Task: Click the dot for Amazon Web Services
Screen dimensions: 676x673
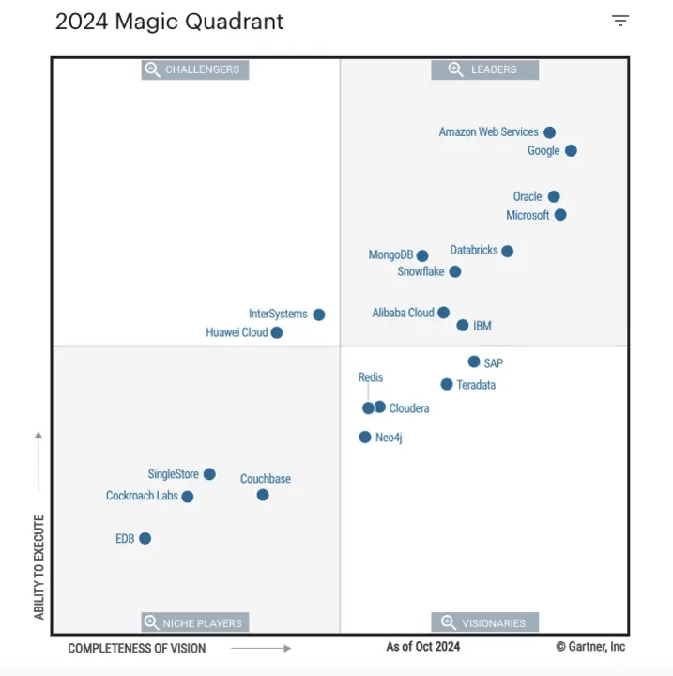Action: click(549, 132)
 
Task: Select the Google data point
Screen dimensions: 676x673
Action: click(571, 150)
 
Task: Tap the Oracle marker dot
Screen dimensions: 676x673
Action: click(554, 197)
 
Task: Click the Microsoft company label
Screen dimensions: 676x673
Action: click(528, 215)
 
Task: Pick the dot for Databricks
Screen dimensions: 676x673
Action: click(507, 251)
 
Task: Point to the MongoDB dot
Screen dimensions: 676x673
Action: click(422, 255)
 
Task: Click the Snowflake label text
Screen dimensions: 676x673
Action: click(421, 272)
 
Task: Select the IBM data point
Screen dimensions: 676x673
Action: click(463, 326)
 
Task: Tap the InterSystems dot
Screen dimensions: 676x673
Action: click(319, 315)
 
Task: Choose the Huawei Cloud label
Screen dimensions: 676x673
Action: click(237, 332)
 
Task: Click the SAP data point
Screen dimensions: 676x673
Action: click(474, 361)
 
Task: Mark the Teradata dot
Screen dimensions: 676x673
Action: click(447, 384)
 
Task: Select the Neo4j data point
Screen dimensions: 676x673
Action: click(365, 437)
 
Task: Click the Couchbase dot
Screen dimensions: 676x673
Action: click(263, 495)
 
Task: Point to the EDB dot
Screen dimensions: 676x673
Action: click(145, 538)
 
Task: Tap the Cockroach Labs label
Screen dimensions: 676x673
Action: click(142, 496)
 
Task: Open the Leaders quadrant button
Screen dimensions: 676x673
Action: click(485, 69)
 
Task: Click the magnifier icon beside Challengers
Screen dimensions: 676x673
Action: click(152, 69)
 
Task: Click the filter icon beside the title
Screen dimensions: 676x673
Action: click(619, 21)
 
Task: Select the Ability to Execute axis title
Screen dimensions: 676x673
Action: click(39, 566)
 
